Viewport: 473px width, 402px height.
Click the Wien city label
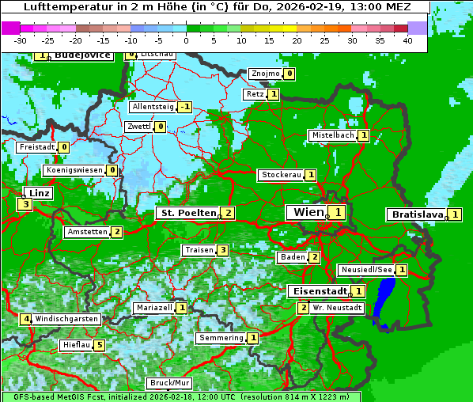[308, 212]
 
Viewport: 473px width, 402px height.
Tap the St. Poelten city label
[187, 213]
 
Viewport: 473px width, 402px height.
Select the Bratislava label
[416, 214]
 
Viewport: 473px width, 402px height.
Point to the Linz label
[40, 193]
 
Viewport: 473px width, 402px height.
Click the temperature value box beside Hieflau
[99, 345]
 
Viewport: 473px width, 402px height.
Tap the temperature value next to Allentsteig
[184, 107]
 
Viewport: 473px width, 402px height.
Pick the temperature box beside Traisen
[223, 250]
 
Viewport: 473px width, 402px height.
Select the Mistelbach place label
[332, 135]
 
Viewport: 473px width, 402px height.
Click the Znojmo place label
[264, 74]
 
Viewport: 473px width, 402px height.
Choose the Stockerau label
[281, 175]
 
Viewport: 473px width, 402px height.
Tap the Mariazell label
[154, 307]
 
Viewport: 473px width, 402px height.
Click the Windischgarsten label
[66, 318]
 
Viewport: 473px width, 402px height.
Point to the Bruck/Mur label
[170, 383]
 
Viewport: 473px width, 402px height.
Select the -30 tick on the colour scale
[20, 40]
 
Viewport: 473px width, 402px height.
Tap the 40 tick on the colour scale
[407, 40]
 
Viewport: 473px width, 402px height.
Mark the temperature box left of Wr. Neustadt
[303, 307]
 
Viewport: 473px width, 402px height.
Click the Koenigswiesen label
[74, 170]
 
